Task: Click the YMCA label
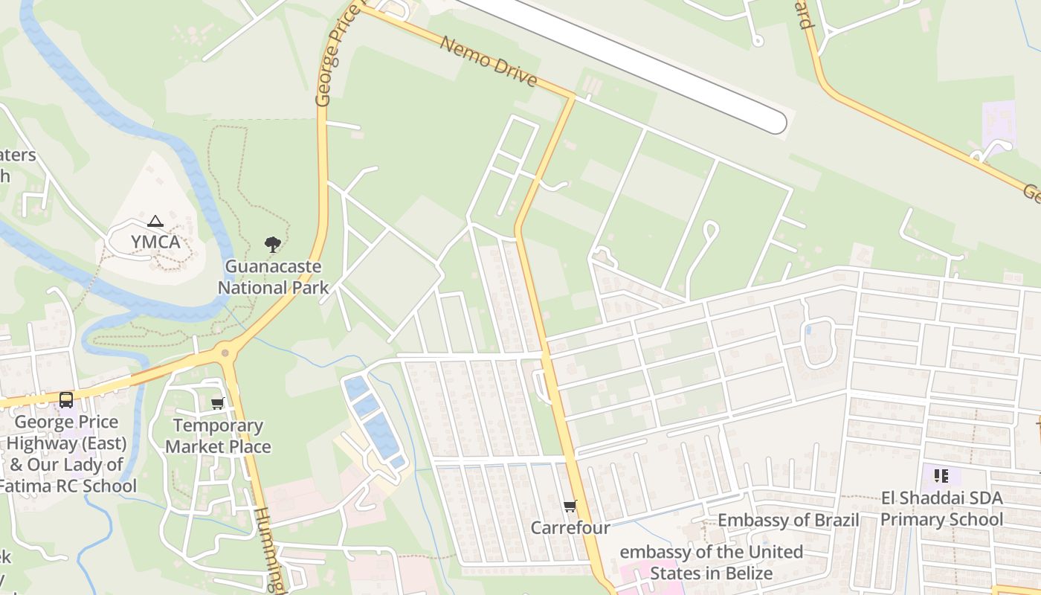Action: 155,242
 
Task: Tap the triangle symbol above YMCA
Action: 155,221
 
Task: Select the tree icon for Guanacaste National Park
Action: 273,244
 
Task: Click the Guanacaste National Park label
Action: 273,277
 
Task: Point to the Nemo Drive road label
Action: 489,61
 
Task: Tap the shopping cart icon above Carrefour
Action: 570,506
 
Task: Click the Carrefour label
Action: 570,527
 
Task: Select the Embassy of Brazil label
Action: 788,520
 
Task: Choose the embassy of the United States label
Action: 711,562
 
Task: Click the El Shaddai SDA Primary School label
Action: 941,508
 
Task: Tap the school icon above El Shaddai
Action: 941,475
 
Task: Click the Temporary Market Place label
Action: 218,436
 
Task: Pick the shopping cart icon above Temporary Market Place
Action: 217,403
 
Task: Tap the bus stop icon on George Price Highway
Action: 66,400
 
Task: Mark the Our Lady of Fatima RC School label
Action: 68,475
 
